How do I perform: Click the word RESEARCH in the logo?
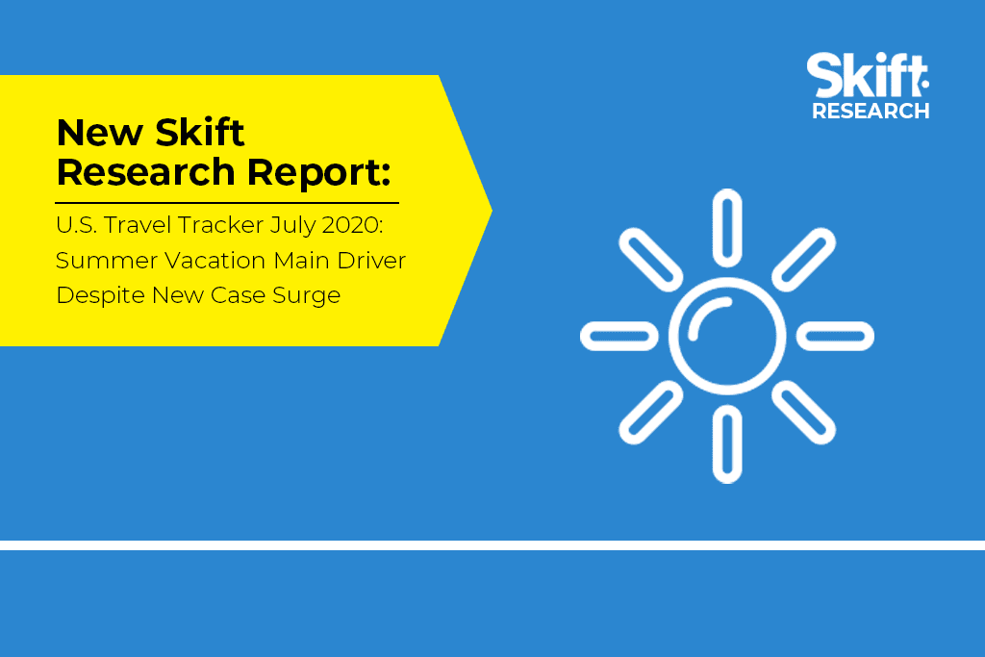click(x=871, y=112)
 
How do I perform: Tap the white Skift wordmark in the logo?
click(x=868, y=75)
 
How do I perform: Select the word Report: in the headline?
click(x=319, y=172)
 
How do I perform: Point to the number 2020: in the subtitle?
click(x=352, y=225)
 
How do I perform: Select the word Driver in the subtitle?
click(x=372, y=261)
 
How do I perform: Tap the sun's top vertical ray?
click(x=727, y=228)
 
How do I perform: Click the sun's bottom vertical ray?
click(x=727, y=444)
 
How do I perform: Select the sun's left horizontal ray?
click(x=619, y=336)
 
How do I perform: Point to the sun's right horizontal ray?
click(x=836, y=336)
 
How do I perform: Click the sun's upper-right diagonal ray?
click(x=804, y=260)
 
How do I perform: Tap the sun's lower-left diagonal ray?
click(x=651, y=413)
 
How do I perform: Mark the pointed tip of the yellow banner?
click(x=492, y=211)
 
